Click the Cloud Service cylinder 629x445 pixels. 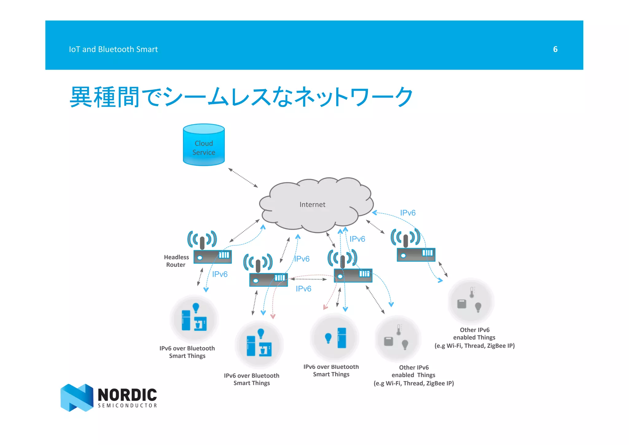coord(204,145)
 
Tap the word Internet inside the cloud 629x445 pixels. coord(312,205)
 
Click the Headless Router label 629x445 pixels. coord(176,261)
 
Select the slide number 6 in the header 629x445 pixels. coord(555,49)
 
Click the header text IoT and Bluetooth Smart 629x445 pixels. coord(113,49)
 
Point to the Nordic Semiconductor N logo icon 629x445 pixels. coord(77,397)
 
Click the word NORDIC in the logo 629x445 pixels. coord(127,395)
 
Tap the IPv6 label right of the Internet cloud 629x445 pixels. coord(408,213)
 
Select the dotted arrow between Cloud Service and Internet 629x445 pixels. coord(243,178)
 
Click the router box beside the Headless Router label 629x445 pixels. coord(212,257)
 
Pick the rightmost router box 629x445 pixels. coord(416,255)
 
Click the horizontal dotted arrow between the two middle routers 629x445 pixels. coord(308,279)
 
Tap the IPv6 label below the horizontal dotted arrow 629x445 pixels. coord(303,289)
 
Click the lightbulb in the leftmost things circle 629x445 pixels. coord(196,307)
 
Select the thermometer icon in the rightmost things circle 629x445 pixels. coord(472,292)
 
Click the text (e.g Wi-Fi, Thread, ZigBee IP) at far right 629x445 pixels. coord(475,346)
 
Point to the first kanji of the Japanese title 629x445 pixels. coord(81,97)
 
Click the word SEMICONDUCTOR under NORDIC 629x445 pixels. coord(127,406)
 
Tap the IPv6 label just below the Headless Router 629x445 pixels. coord(220,274)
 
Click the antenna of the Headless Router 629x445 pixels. coord(202,242)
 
